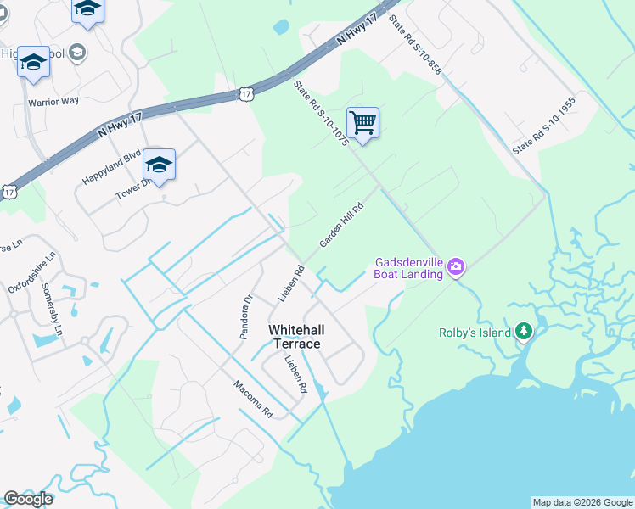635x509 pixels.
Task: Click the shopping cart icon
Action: (362, 123)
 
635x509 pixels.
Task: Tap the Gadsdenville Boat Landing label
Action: (409, 268)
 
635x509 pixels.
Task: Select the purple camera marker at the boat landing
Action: (456, 268)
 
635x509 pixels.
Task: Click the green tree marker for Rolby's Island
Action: (524, 331)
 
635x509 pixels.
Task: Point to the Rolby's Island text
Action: (475, 333)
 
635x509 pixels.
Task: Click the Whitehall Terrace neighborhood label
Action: (295, 336)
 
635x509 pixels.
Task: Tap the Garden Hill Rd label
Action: (341, 225)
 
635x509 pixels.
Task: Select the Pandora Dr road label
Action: (246, 316)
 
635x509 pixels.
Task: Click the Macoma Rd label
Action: (253, 399)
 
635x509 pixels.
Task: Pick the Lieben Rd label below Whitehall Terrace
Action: (295, 374)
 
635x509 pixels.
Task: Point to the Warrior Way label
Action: (53, 101)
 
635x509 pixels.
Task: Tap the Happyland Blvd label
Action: (111, 167)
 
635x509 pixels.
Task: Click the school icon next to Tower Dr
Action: (159, 165)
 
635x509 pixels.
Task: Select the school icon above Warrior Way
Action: (33, 63)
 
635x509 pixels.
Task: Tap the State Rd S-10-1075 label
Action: (321, 115)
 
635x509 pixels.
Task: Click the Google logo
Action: (28, 499)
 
